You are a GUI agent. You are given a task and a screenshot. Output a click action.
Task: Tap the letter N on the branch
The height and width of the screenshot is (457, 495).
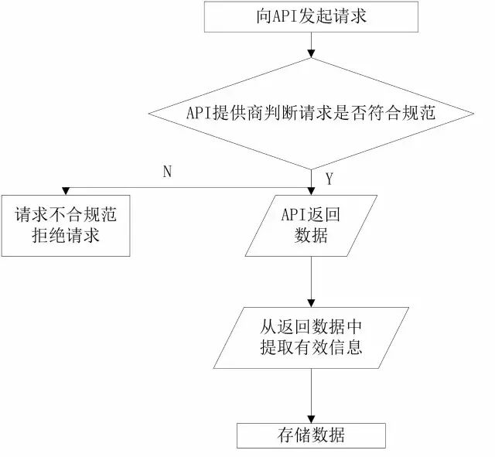167,172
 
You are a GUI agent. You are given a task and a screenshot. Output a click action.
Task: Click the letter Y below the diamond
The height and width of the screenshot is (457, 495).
329,179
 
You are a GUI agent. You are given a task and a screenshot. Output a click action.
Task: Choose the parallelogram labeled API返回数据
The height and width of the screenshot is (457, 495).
311,225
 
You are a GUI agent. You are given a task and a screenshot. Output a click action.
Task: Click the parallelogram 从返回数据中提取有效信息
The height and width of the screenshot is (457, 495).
311,336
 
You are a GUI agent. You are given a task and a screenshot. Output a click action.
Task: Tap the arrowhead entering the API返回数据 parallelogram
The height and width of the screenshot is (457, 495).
311,190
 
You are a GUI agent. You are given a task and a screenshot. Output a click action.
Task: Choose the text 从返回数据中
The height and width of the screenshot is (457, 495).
311,325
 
